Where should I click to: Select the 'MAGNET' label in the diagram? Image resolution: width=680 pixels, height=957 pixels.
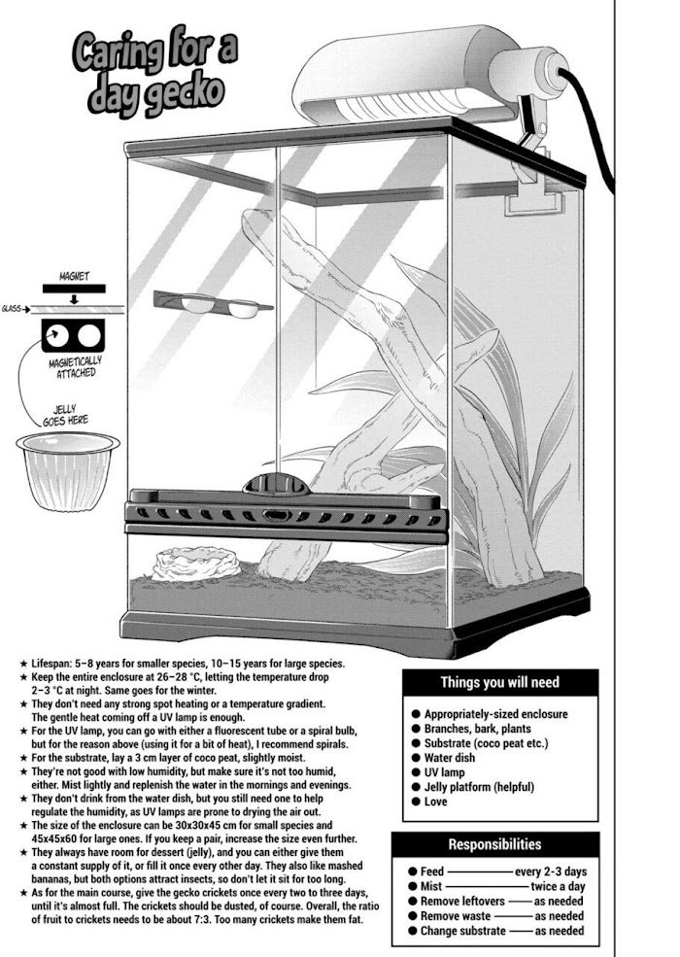tap(74, 277)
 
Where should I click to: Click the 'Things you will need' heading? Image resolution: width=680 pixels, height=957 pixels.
tap(499, 682)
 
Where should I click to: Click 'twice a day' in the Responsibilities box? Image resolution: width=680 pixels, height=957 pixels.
tap(558, 886)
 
